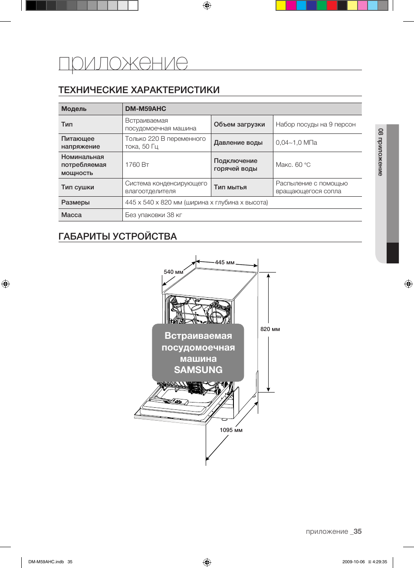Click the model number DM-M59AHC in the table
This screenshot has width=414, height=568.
coord(145,109)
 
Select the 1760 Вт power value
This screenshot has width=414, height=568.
coord(137,165)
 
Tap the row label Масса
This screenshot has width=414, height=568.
coord(72,215)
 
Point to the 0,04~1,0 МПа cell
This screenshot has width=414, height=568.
coord(296,143)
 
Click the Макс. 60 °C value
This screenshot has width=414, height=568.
coord(293,165)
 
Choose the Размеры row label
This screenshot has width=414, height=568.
coord(76,202)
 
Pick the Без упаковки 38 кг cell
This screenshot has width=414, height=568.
coord(154,215)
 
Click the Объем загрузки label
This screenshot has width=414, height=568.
coord(239,124)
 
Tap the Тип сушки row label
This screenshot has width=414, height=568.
coord(78,187)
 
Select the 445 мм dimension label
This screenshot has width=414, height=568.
coord(225,262)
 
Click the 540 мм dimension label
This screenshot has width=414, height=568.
coord(174,272)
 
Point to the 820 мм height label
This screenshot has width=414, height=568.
coord(270,329)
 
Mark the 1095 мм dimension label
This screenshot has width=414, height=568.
coord(231,430)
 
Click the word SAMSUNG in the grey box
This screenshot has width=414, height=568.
coord(198,370)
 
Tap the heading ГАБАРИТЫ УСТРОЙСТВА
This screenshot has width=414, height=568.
coord(118,236)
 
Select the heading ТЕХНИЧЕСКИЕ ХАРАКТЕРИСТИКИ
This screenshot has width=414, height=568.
coord(139,90)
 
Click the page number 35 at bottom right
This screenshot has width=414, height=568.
coord(357,531)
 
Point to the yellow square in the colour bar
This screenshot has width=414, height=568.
coord(281,5)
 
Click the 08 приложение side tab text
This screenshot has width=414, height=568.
coord(381,152)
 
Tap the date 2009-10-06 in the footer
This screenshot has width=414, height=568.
coord(353,562)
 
